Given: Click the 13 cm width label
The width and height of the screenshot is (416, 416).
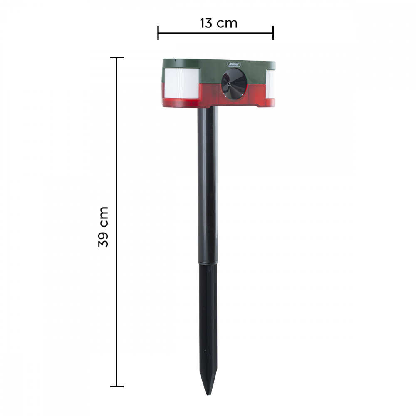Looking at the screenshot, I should coord(218,23).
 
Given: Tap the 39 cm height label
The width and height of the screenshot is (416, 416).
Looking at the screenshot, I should coord(103,227).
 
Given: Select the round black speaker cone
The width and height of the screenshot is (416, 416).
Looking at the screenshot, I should coord(234,84).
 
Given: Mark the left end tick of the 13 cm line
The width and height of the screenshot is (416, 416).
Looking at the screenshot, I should coord(158,32).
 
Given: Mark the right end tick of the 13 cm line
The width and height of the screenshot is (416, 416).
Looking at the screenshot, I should coord(273,32).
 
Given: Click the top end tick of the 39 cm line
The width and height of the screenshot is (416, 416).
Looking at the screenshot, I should coord(116,57).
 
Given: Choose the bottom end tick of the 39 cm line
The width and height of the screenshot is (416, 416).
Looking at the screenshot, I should coord(116,386).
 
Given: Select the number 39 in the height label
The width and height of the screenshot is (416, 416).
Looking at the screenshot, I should coord(103,240).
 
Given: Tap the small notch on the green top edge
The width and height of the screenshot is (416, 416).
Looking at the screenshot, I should coord(176,59).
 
